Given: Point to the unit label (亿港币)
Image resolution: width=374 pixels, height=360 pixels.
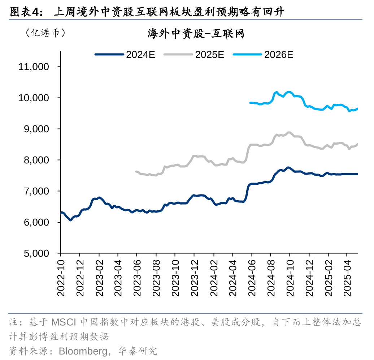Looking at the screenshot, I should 45,33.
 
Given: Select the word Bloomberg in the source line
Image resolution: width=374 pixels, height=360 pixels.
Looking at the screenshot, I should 82,350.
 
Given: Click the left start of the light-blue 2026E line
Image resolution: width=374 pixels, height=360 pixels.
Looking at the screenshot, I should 250,103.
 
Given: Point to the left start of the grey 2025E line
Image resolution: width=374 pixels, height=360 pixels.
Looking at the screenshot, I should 136,171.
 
